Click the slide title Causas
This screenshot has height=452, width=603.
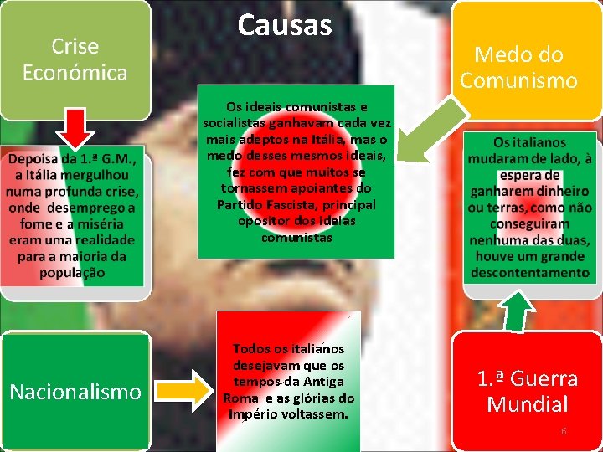(285, 25)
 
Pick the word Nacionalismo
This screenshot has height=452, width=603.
(75, 391)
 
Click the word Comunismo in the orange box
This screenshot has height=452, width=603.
(519, 80)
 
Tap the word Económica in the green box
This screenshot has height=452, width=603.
(75, 73)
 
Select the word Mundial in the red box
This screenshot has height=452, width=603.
(528, 404)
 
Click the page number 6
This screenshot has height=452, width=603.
(564, 431)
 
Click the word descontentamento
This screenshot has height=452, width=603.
(529, 272)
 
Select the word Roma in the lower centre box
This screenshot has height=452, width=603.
(237, 398)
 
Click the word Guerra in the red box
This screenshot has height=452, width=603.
(544, 378)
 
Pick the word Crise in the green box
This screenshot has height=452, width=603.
(75, 47)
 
